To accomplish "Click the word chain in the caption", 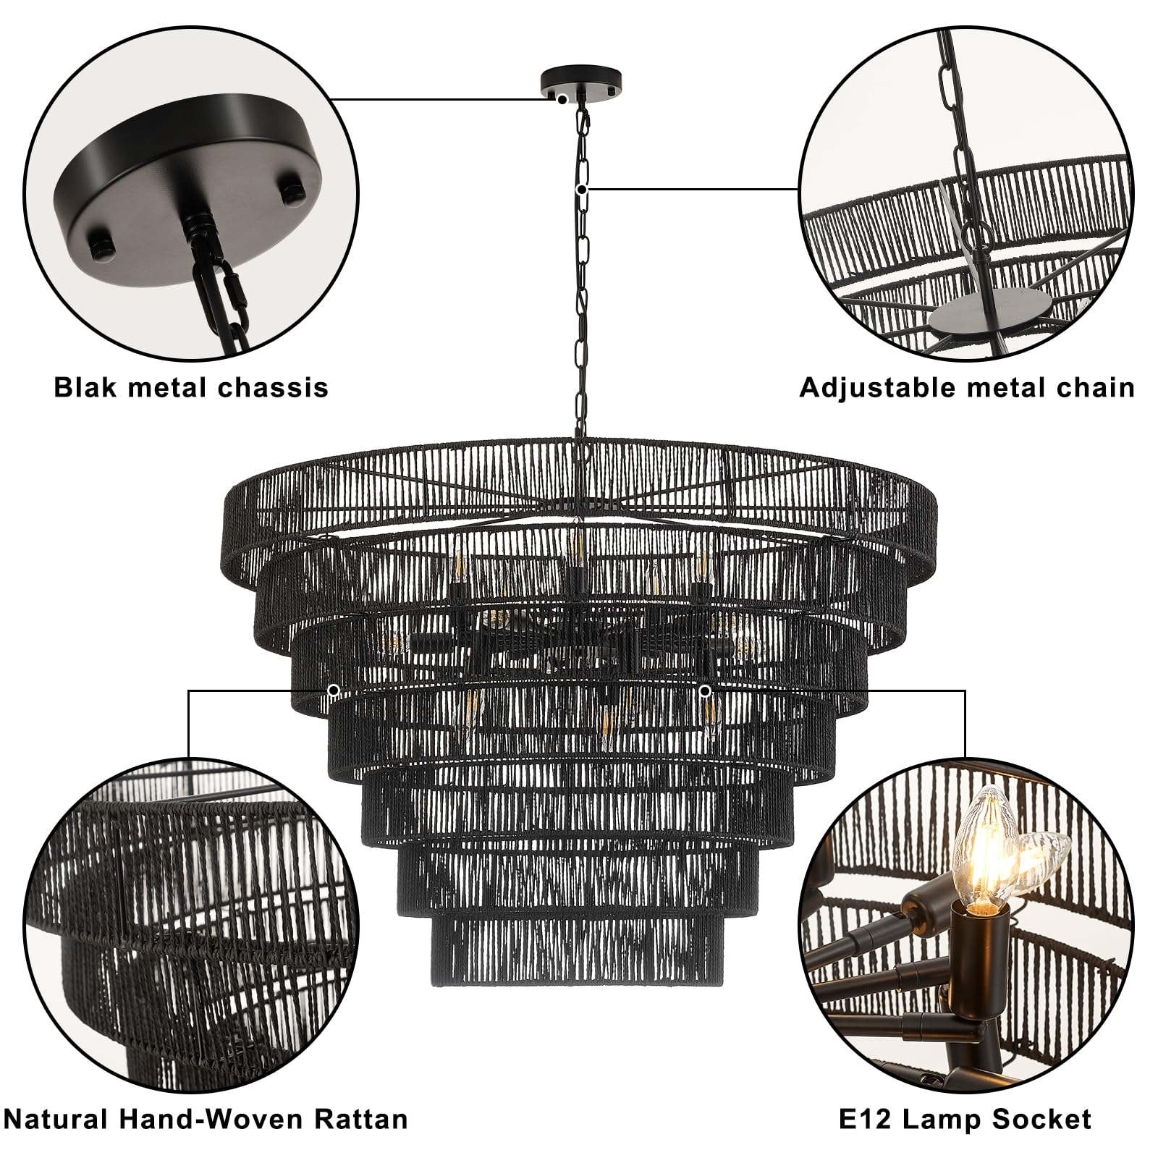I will click(1095, 388).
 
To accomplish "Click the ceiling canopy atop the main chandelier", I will click(580, 81).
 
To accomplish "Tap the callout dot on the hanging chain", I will click(582, 190).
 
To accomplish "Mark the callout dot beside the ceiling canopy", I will click(562, 98).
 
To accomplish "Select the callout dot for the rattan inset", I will click(334, 690).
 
